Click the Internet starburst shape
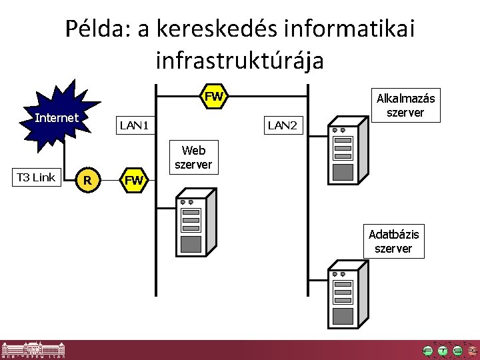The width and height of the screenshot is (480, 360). point(59,120)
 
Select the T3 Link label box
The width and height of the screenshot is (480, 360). point(35,177)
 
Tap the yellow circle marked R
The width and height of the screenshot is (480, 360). point(87,179)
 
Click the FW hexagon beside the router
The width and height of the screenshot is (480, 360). point(134,180)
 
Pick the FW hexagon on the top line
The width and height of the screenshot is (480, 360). point(213,97)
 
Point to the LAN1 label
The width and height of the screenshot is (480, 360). point(133,125)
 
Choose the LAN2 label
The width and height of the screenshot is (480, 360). point(281,124)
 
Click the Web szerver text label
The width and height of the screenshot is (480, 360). point(193,157)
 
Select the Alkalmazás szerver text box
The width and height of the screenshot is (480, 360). point(405,106)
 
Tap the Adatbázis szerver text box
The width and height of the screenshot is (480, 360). point(393,241)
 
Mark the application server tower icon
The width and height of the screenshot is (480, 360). point(346,154)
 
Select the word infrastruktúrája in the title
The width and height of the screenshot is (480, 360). point(239,61)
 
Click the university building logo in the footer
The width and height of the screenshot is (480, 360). point(33,349)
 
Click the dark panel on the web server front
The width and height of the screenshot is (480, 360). point(191,243)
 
